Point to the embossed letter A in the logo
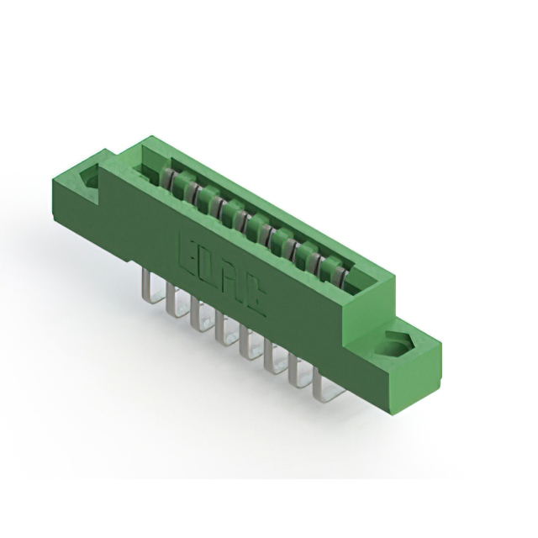pos(233,283)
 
